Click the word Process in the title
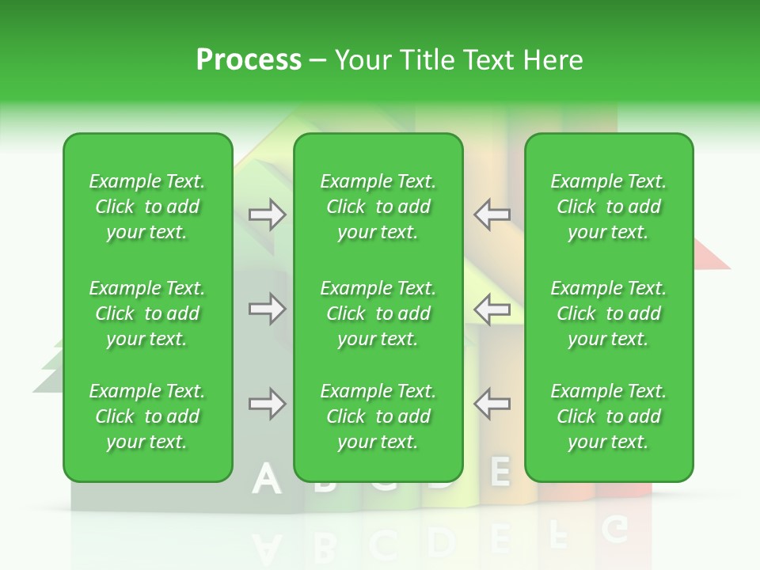(249, 60)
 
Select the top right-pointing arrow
(267, 215)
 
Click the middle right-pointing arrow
(267, 309)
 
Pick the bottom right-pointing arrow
(267, 404)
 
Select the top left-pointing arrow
(492, 215)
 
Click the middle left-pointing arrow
(492, 309)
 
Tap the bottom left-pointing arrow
(492, 404)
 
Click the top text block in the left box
(147, 207)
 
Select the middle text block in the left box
(147, 313)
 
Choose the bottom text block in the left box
(147, 416)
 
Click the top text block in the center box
(378, 207)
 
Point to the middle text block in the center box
(378, 313)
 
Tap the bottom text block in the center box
(378, 416)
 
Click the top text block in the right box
(609, 207)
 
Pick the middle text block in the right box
(609, 313)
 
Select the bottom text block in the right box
(609, 416)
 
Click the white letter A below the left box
(266, 480)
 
